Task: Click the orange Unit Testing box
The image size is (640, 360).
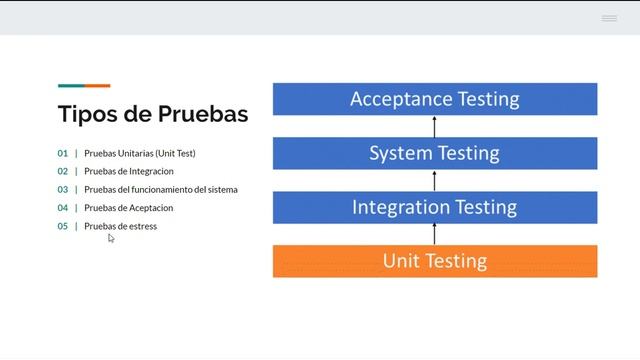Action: point(434,261)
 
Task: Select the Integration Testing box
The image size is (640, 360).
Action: point(434,207)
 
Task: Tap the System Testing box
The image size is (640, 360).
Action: point(434,153)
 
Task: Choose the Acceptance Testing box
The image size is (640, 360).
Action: point(434,99)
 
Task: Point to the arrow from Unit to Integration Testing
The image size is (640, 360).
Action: point(435,234)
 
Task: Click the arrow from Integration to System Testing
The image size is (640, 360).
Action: point(435,180)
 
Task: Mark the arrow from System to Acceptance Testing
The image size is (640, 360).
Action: point(435,126)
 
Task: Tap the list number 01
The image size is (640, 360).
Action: point(63,154)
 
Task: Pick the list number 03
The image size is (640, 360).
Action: point(63,190)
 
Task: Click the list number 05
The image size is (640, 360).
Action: point(63,226)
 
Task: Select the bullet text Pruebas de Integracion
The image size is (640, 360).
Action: point(129,172)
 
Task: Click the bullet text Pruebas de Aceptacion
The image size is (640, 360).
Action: point(129,208)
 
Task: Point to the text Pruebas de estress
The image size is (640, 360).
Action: point(121,226)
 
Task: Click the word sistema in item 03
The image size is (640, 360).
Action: point(223,190)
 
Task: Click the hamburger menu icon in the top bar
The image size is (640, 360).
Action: point(609,18)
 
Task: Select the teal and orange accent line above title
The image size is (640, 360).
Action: point(84,86)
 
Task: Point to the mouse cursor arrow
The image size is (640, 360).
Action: point(111,238)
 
